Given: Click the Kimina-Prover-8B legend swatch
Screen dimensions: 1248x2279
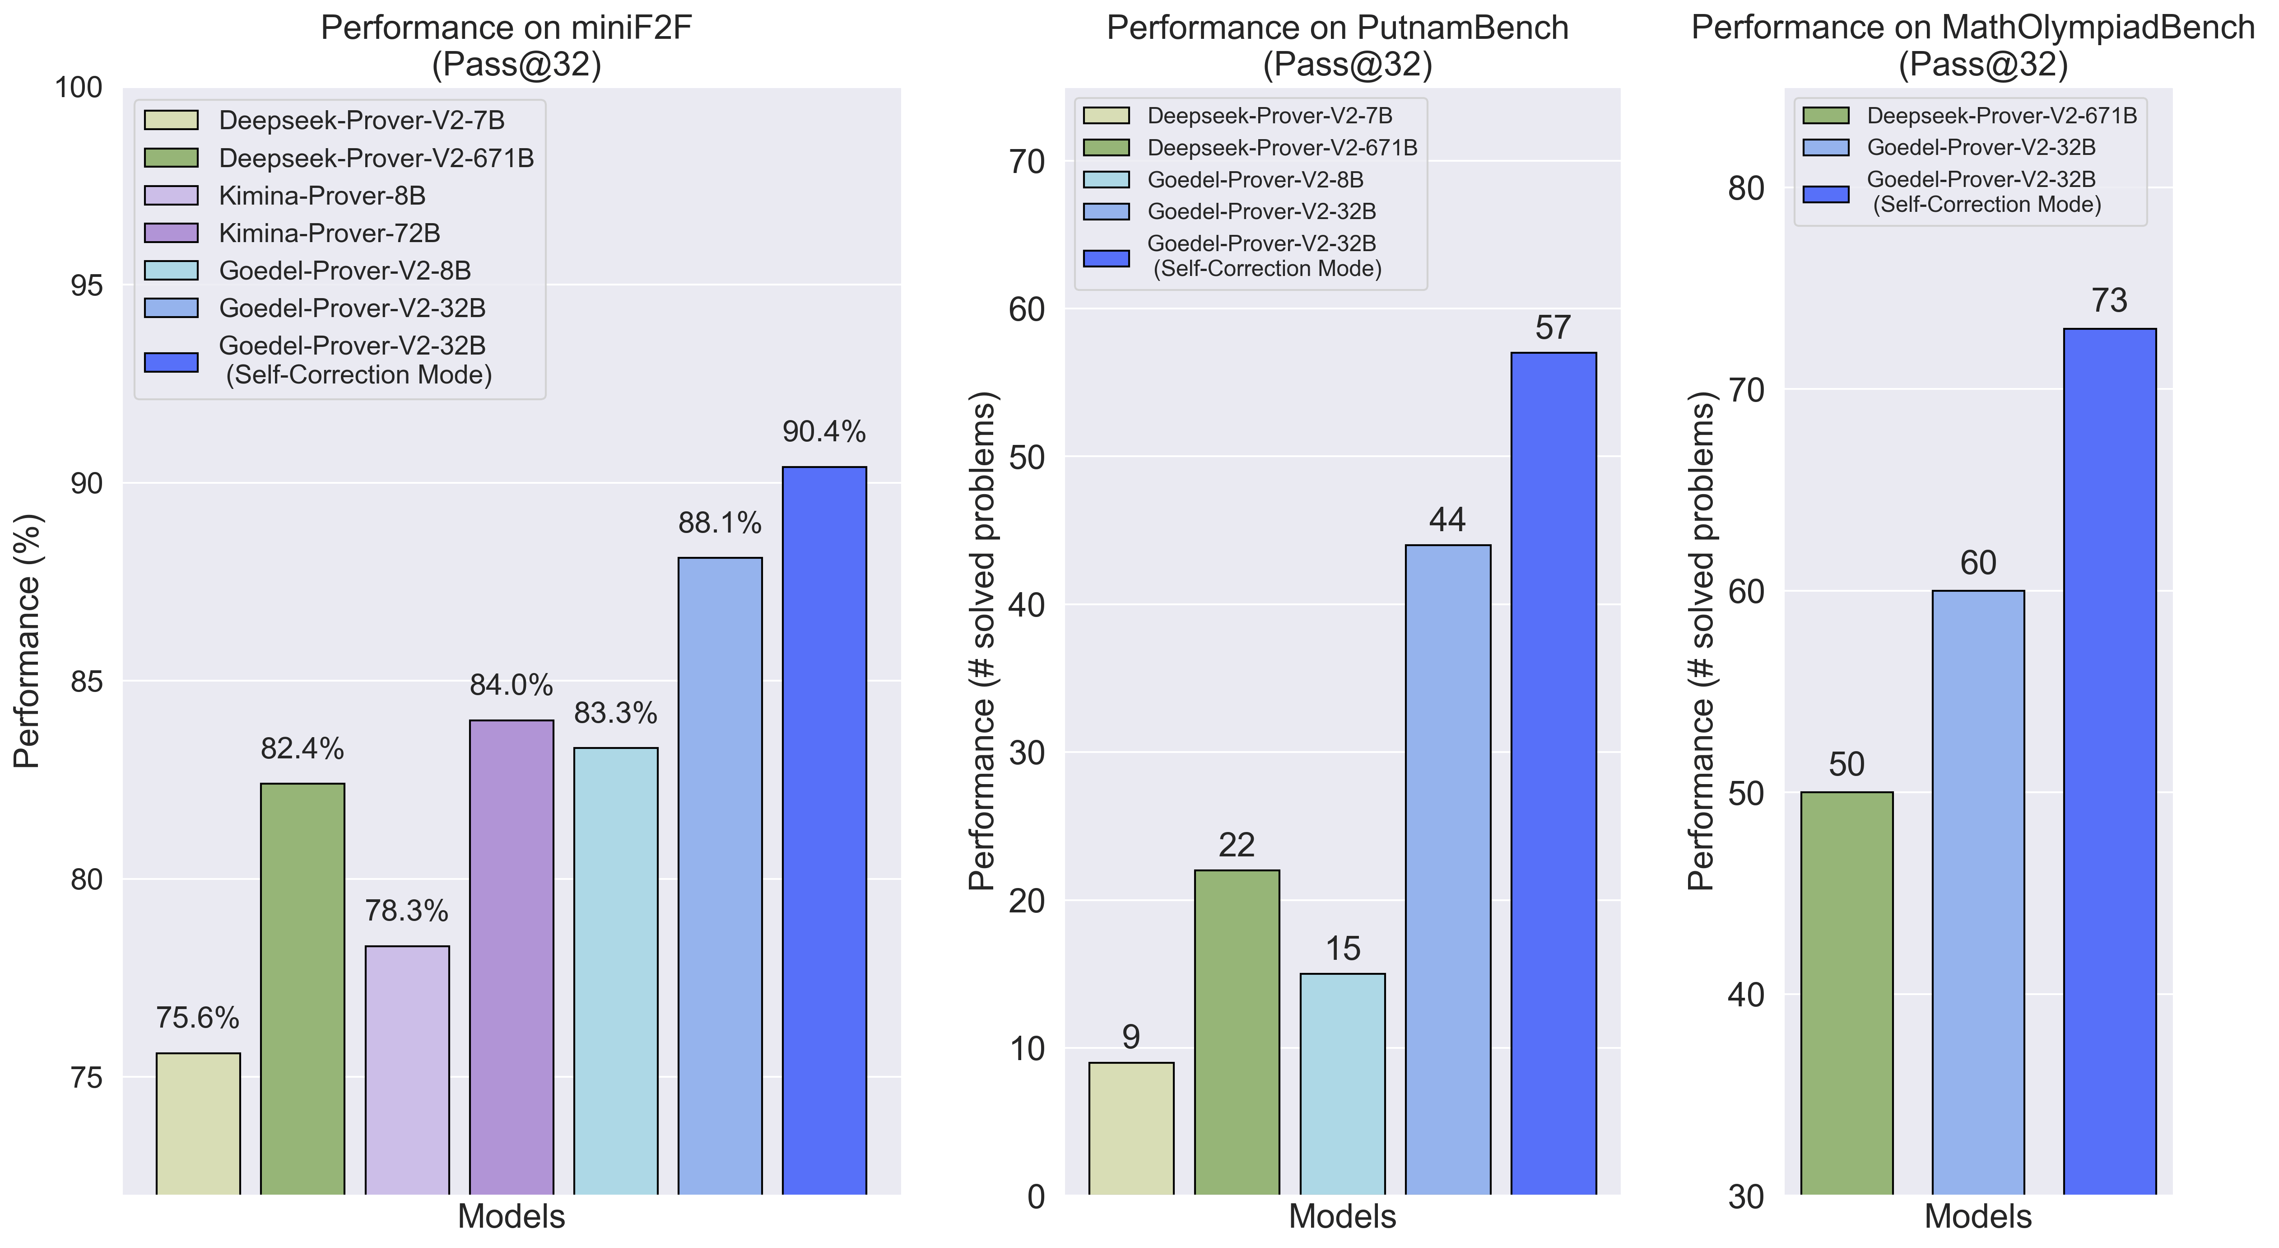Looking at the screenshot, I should click(x=172, y=196).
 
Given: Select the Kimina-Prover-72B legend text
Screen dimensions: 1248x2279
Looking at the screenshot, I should click(x=329, y=234).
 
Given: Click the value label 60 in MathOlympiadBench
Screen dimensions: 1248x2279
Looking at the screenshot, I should click(x=1978, y=563).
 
